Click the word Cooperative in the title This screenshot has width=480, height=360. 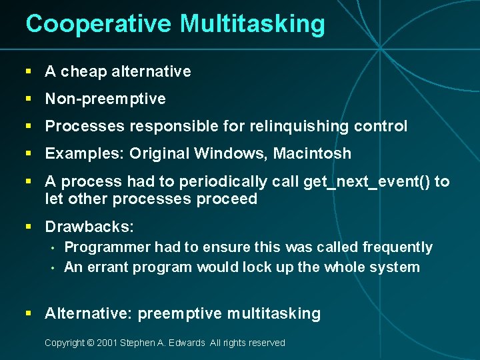[99, 24]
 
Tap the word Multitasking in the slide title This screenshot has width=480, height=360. [251, 24]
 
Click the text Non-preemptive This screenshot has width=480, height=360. [105, 99]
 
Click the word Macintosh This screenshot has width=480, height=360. [313, 154]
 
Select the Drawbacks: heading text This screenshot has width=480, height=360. [89, 227]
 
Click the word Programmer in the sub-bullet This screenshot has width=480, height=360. [107, 247]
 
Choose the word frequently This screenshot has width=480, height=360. [397, 247]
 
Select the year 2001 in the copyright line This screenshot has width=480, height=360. [107, 343]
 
